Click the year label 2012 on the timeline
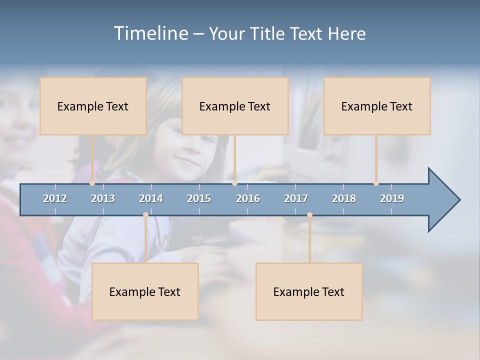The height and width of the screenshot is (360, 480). [x=55, y=198]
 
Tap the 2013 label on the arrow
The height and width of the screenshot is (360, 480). [x=103, y=198]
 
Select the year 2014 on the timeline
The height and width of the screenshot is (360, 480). [x=151, y=198]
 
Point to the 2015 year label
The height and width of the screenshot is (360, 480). [x=199, y=198]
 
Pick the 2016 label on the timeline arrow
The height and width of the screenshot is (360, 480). [x=248, y=198]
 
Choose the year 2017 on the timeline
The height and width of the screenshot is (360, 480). [x=296, y=198]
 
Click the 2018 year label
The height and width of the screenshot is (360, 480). [x=344, y=198]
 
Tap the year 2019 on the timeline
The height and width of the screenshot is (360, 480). [x=392, y=198]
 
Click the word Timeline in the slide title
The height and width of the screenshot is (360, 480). [x=150, y=33]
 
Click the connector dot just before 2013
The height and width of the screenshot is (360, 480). [x=92, y=183]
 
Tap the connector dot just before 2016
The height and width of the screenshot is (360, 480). [x=234, y=183]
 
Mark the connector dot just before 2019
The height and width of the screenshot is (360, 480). [x=376, y=183]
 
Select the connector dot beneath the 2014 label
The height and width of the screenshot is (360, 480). [x=145, y=215]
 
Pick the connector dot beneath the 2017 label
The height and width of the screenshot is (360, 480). [x=309, y=215]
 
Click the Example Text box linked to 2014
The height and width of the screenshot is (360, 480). [x=145, y=291]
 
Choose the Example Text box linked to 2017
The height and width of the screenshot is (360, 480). [x=309, y=291]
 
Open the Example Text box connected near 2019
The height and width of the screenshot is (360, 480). [x=377, y=106]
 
